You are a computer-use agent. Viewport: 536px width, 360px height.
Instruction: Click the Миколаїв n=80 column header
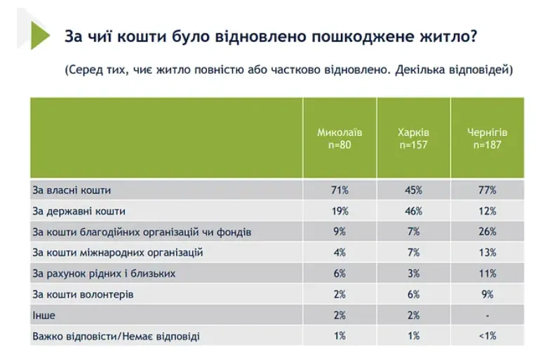(340, 139)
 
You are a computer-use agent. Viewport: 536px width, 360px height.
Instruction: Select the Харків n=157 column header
(413, 139)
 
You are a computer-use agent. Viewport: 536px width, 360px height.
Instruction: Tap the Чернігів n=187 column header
(487, 139)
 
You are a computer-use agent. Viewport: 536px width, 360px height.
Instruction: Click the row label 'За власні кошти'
(72, 189)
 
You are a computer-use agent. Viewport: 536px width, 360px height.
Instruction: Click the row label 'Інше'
(43, 316)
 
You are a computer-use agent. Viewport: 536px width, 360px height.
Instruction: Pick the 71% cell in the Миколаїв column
(340, 189)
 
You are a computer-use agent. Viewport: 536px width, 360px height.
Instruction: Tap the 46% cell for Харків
(413, 211)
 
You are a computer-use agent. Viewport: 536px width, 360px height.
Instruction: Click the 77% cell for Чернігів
(488, 189)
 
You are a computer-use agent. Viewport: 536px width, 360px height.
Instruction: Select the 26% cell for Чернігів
(488, 232)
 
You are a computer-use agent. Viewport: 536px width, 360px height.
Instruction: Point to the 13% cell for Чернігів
(488, 253)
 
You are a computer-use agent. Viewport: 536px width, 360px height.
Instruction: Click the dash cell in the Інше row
(488, 316)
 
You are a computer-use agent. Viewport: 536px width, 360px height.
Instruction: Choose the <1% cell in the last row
(488, 337)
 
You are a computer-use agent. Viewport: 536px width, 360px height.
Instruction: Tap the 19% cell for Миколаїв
(340, 211)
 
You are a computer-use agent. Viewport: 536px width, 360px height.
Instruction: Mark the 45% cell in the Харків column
(413, 189)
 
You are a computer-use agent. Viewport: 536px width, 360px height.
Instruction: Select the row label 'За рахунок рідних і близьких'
(104, 274)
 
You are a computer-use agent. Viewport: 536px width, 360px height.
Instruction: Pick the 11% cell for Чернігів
(488, 274)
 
